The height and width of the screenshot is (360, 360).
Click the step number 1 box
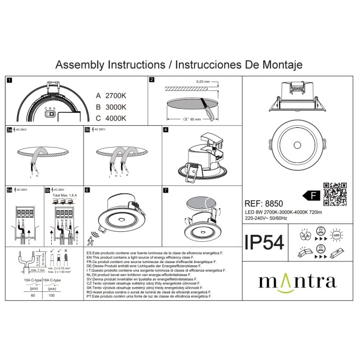[9, 80]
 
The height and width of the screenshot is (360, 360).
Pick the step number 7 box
[166, 190]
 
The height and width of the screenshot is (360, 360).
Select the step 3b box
[87, 129]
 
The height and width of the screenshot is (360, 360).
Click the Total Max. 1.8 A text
[64, 196]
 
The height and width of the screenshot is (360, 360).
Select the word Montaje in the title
[281, 64]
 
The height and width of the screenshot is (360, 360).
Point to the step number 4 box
[166, 129]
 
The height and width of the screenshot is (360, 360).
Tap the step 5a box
[9, 190]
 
